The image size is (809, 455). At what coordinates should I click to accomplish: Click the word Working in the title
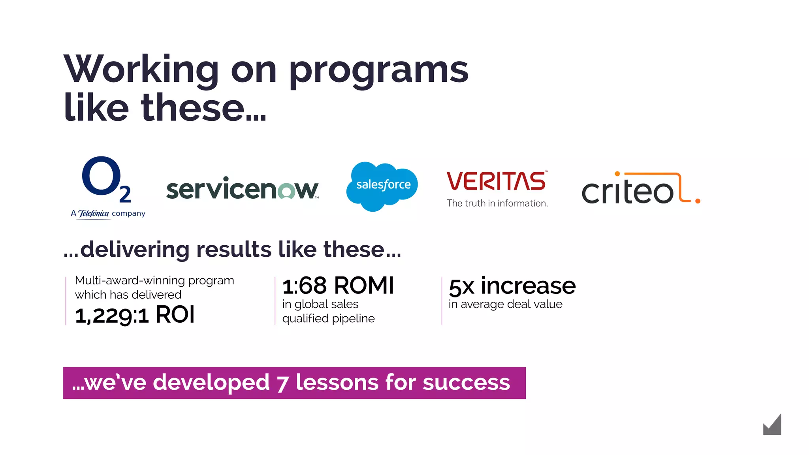[141, 70]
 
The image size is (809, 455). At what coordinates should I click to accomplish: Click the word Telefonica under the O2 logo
[94, 214]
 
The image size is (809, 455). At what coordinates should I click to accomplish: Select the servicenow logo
[242, 189]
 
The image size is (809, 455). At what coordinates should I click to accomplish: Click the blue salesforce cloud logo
[382, 186]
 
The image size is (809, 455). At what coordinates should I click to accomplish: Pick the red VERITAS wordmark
[496, 181]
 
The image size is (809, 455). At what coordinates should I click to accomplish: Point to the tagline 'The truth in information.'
[497, 203]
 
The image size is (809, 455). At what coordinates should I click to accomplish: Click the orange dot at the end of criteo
[698, 201]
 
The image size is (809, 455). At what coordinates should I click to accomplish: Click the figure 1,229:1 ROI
[135, 315]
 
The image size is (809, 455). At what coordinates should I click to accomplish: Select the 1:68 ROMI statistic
[338, 286]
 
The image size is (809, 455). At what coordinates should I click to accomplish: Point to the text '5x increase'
[512, 286]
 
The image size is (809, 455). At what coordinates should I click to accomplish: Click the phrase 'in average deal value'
[505, 305]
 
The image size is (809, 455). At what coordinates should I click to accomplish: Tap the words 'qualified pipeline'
[328, 318]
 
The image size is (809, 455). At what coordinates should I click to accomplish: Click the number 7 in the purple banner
[282, 384]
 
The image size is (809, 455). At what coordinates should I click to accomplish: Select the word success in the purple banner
[466, 383]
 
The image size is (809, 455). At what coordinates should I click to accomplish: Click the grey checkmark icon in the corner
[772, 425]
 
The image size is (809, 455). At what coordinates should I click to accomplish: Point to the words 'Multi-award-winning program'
[154, 280]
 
